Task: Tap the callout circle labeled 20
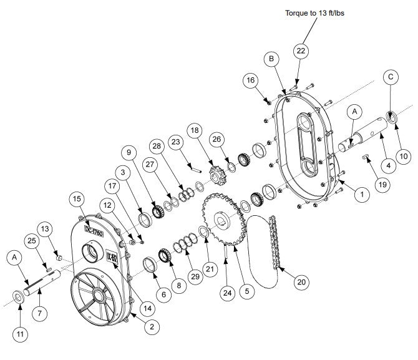point(301,282)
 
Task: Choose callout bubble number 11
point(19,334)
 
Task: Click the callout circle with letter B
point(271,59)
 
